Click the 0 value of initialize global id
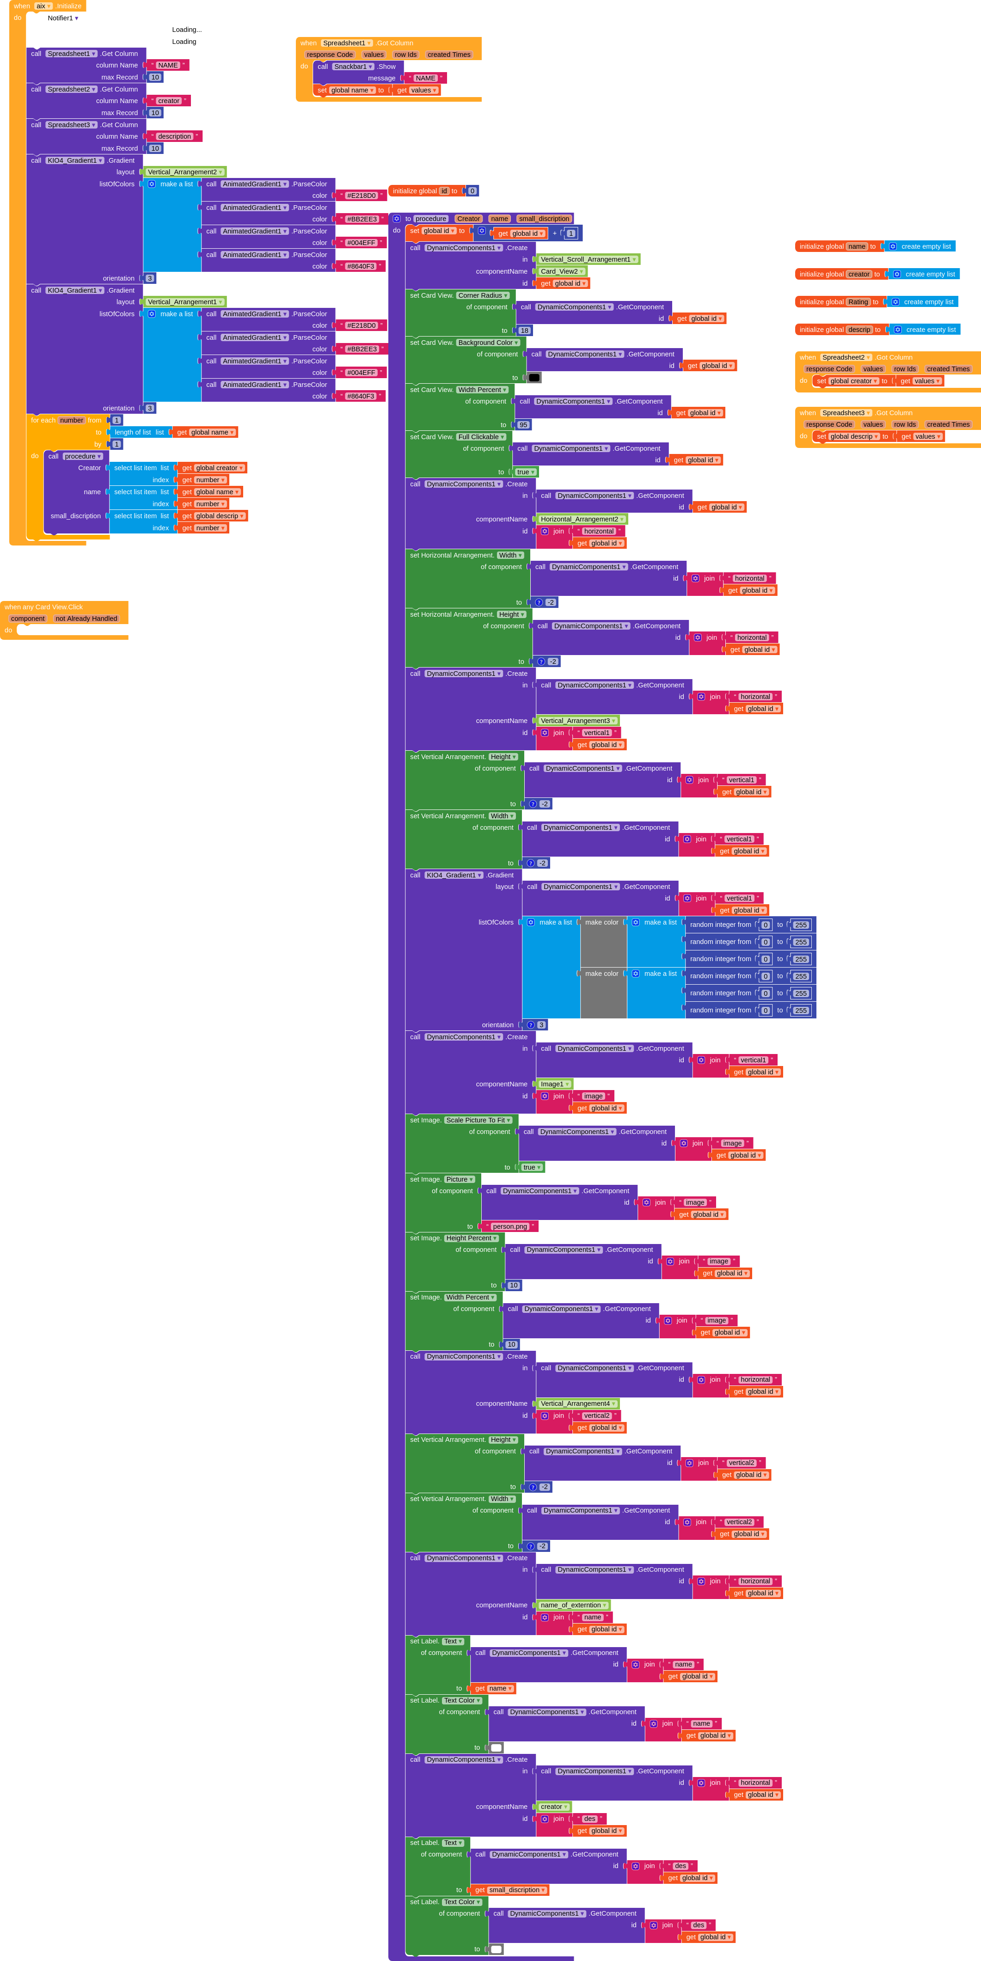click(472, 191)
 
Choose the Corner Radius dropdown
click(483, 295)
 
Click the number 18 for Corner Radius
click(524, 331)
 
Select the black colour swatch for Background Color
click(534, 378)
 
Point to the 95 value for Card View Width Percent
click(523, 425)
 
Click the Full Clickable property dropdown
click(481, 437)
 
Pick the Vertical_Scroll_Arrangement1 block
click(588, 260)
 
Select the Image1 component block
click(554, 1084)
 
